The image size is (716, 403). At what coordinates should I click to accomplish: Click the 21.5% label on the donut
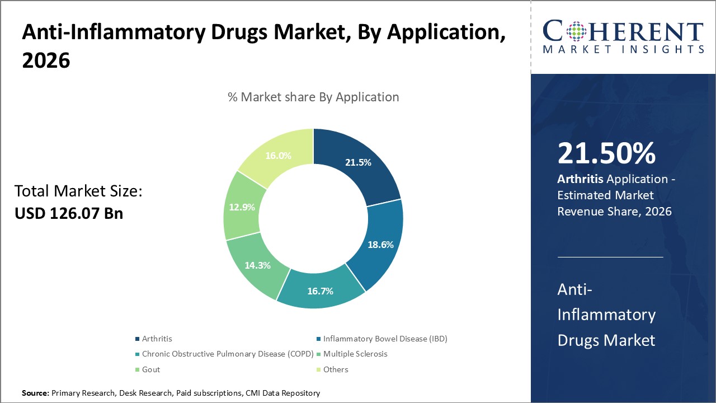coord(359,162)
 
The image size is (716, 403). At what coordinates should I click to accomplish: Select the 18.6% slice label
coord(380,245)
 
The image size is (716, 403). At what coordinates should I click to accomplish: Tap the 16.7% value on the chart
coord(321,291)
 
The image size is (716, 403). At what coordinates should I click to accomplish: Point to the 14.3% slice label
coord(257,265)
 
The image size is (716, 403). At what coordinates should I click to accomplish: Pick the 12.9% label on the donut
coord(242,207)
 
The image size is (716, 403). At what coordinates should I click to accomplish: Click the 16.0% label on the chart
coord(278,156)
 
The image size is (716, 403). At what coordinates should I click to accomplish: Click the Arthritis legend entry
coord(157,339)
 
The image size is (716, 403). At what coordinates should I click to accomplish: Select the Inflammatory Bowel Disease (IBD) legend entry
coord(385,339)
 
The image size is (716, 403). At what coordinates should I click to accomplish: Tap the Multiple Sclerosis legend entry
coord(355,354)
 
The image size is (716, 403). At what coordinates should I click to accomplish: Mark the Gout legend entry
coord(150,369)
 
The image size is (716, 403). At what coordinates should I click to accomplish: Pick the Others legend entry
coord(336,369)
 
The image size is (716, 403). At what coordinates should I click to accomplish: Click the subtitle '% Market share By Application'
coord(313,97)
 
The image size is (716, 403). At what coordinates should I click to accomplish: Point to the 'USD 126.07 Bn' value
coord(69,213)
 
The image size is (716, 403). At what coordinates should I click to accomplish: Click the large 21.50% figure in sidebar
coord(606,154)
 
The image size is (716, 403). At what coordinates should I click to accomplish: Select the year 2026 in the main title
coord(46,60)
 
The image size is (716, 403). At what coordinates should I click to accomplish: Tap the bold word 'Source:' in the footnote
coord(35,393)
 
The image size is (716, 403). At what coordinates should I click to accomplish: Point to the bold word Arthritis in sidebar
coord(578,180)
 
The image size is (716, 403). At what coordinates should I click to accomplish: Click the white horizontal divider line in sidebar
coord(610,257)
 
